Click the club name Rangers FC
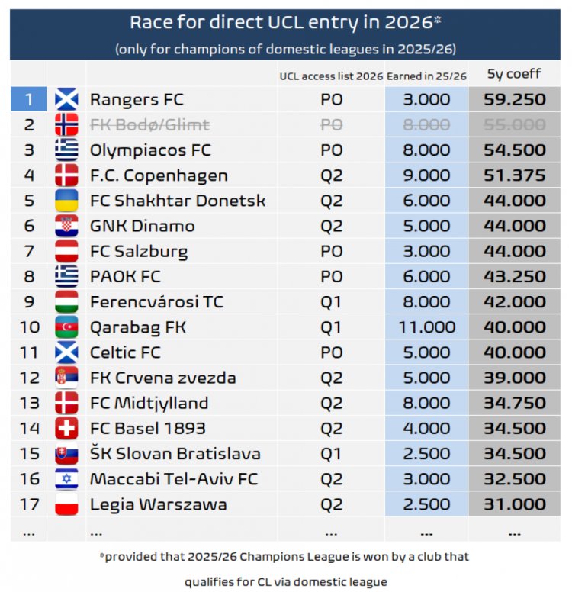pos(137,100)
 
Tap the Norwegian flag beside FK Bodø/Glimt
pos(66,125)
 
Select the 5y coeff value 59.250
pos(514,100)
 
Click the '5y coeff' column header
pos(514,75)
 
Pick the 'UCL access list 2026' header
pos(330,75)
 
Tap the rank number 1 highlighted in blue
pos(29,100)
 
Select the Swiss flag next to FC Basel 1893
pos(66,428)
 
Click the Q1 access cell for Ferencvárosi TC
pos(331,302)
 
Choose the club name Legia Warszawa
pos(158,504)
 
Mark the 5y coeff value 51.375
pos(514,175)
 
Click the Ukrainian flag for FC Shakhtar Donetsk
pos(66,201)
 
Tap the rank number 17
pos(29,504)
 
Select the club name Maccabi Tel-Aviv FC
pos(174,479)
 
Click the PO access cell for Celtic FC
pos(331,352)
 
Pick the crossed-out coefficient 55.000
pos(514,125)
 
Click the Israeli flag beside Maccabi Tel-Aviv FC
pos(66,479)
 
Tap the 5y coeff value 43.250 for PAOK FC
pos(514,277)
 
